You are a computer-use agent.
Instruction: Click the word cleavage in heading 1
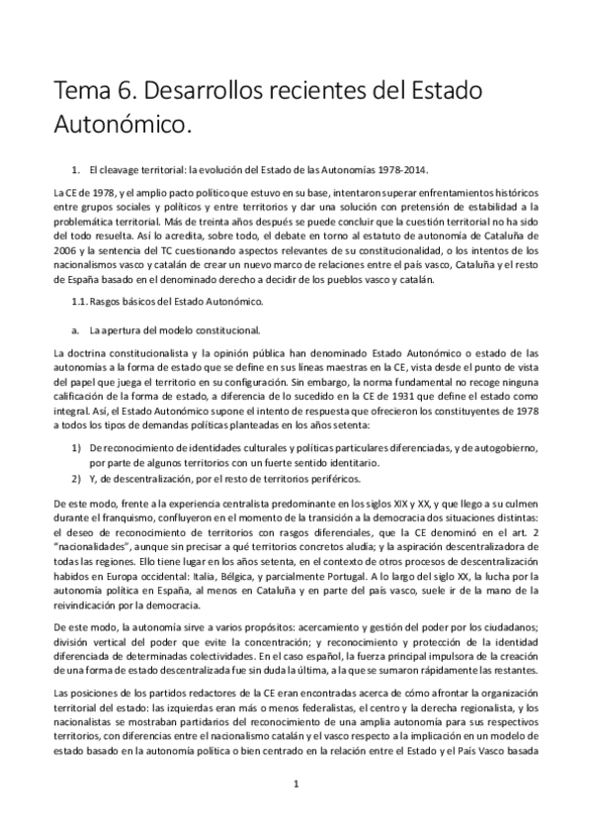tap(120, 169)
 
